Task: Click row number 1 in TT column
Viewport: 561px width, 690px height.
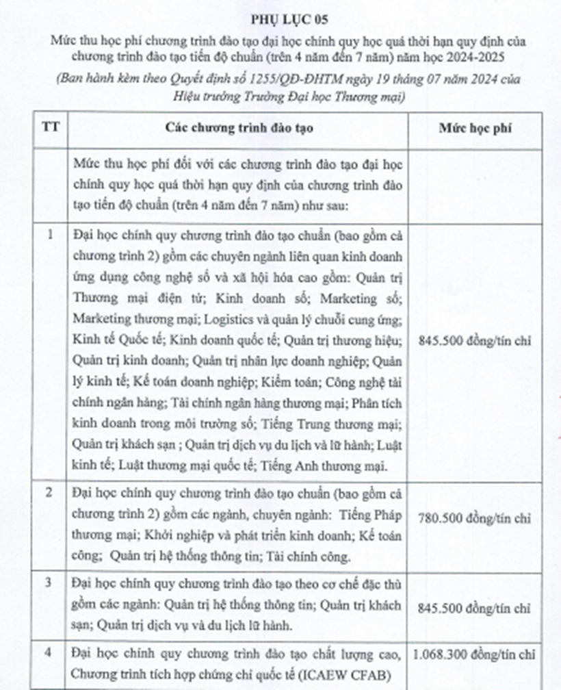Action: (50, 235)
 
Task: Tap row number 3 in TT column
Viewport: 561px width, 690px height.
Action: (50, 583)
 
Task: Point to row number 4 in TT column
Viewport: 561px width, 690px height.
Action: (50, 653)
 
